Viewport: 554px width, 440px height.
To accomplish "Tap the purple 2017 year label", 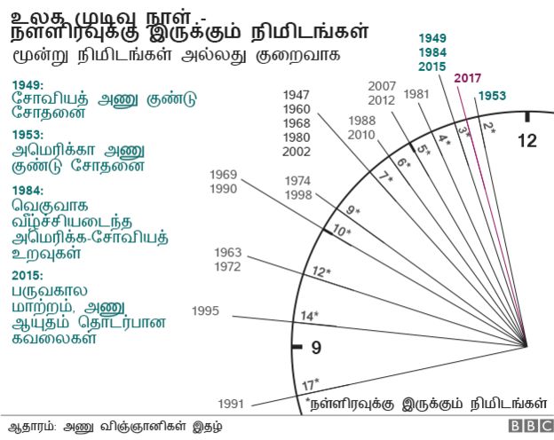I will click(468, 78).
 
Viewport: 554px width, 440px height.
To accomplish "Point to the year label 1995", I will click(206, 310).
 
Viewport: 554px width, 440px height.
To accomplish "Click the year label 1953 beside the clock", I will click(494, 96).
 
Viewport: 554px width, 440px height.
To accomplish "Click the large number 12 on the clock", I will click(527, 140).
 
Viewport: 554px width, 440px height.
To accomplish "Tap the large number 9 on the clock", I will click(313, 349).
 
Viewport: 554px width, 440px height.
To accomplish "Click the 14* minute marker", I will click(310, 316).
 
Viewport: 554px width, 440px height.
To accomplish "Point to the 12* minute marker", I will click(321, 271).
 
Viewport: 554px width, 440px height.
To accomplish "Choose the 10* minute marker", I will click(341, 232).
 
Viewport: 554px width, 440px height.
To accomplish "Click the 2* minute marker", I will click(487, 127).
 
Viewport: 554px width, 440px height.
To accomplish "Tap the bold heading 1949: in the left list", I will click(28, 85).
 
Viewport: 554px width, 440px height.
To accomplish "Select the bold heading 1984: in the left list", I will click(28, 190).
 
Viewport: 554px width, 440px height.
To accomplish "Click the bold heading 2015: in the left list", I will click(28, 275).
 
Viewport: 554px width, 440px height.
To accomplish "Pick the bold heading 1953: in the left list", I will click(28, 134).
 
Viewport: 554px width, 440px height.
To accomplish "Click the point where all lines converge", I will click(526, 347).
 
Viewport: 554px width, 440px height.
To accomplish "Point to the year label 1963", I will click(228, 253).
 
